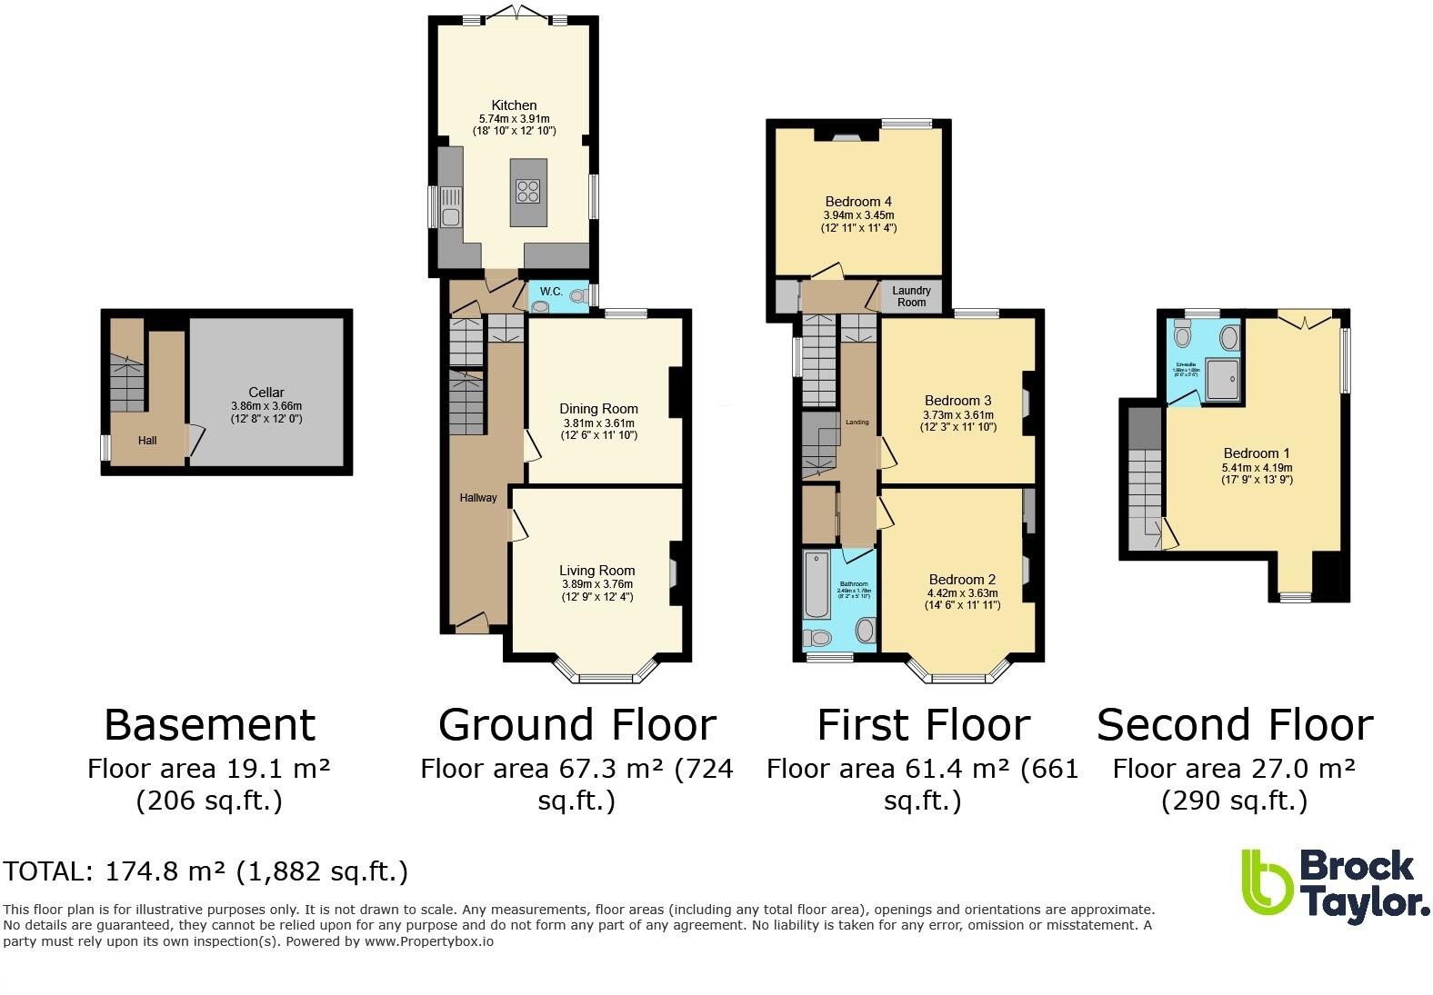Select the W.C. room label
551,292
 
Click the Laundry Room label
911,296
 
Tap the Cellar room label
266,393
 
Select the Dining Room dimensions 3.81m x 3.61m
597,423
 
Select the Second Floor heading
1234,725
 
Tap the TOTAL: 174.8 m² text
205,871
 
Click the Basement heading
209,725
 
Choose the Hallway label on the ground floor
477,497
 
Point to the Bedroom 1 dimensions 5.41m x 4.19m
1256,467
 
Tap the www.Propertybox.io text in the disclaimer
428,941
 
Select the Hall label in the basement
147,441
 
